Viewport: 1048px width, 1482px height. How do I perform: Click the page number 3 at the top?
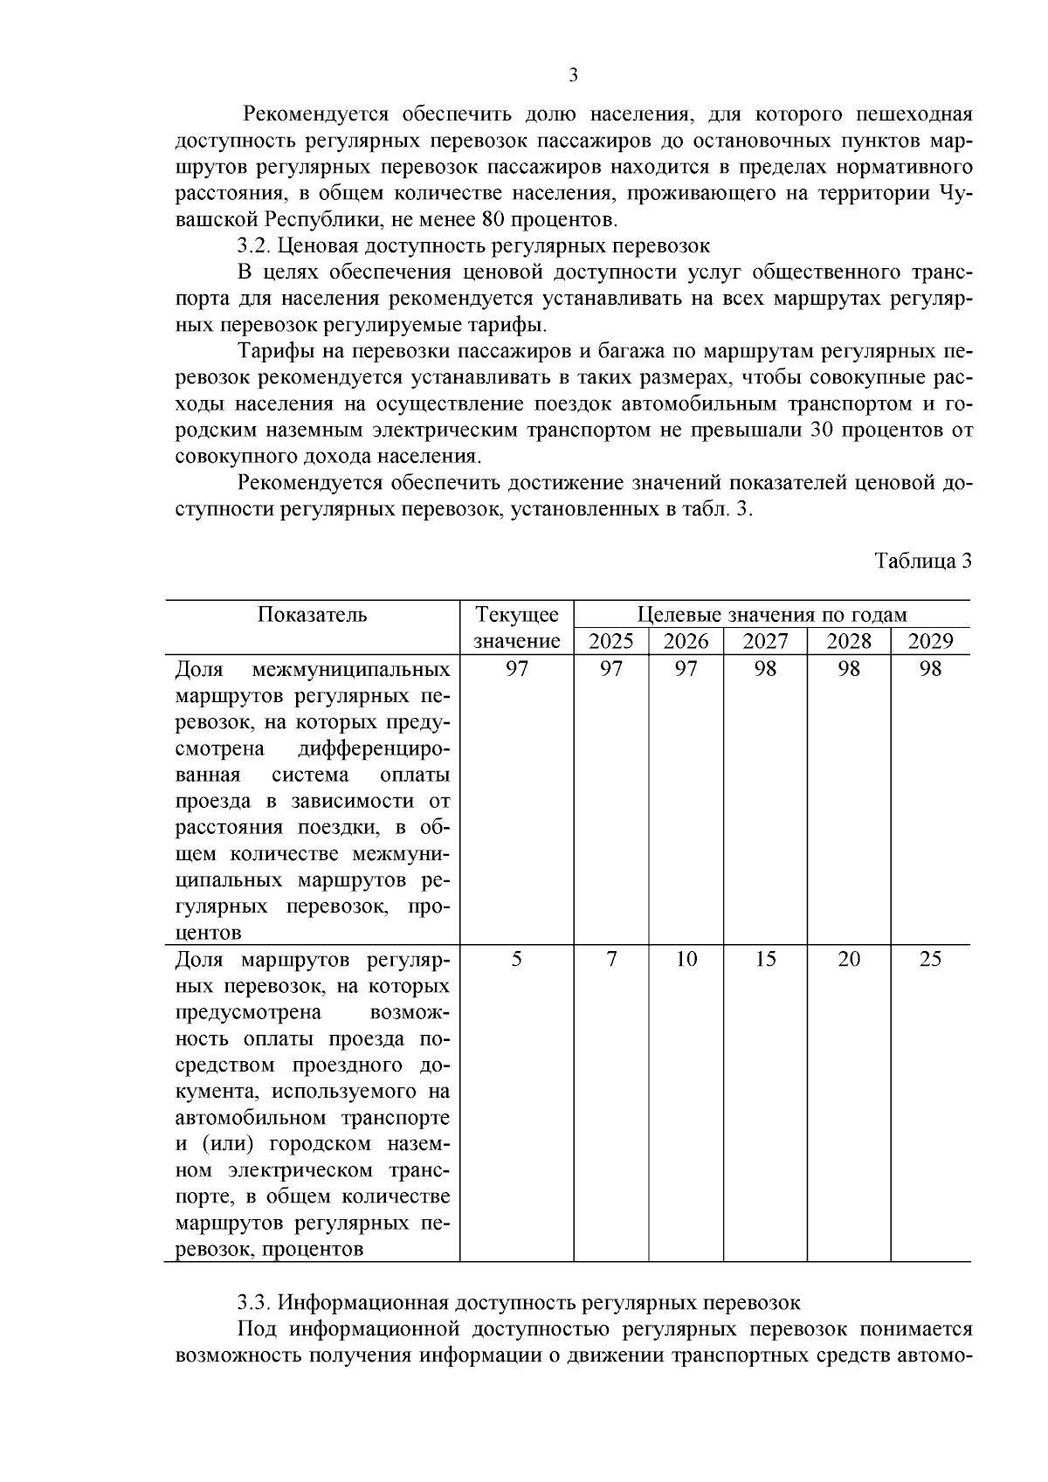coord(574,75)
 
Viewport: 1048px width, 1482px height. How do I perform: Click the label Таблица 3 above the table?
coord(923,561)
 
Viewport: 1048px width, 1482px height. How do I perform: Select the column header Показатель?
coord(313,615)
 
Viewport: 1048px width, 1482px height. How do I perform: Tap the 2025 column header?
coord(611,642)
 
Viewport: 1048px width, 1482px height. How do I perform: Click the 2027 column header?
coord(765,642)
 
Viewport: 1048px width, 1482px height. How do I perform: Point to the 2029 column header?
coord(930,642)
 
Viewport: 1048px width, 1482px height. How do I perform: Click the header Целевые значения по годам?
coord(772,615)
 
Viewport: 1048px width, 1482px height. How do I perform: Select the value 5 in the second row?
coord(517,959)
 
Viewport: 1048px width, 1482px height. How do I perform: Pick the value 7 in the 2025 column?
coord(611,959)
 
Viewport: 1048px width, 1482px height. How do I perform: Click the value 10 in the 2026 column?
coord(686,959)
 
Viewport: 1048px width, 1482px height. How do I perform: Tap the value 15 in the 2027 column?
coord(765,959)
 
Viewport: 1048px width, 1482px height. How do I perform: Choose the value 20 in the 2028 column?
coord(849,959)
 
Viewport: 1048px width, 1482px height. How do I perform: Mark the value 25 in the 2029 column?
coord(930,959)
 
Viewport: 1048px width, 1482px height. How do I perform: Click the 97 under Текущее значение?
coord(517,669)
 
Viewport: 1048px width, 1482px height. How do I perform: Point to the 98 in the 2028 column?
coord(849,669)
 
